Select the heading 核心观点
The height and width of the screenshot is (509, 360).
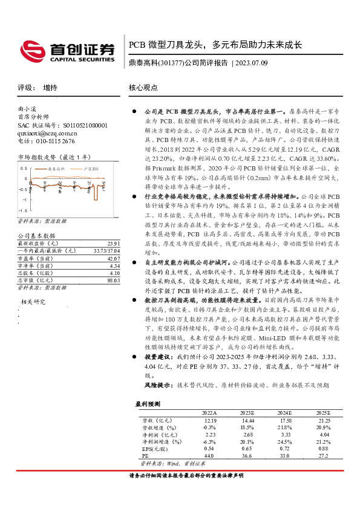(x=143, y=88)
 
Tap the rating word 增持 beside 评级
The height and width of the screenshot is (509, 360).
(x=50, y=88)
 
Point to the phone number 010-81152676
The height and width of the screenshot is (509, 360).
(x=53, y=141)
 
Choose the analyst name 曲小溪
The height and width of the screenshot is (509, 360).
(x=28, y=110)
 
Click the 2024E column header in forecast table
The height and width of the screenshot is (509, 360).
(x=286, y=412)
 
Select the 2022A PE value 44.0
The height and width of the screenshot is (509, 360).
(x=210, y=456)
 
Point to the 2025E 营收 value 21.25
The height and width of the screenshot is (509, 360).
(x=324, y=420)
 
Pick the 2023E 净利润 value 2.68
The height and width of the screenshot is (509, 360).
(x=248, y=434)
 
